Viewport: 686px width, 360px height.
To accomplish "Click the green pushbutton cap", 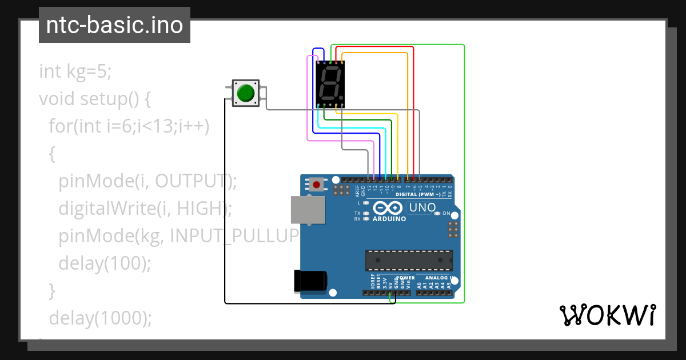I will [246, 93].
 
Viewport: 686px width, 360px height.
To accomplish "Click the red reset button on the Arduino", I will [316, 184].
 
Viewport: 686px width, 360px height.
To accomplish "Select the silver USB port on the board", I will [307, 210].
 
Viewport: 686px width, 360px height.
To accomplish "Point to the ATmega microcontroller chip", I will [409, 260].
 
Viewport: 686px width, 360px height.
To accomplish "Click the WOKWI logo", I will [607, 315].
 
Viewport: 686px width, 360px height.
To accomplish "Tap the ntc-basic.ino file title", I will [114, 25].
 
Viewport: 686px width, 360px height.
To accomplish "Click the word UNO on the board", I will [422, 207].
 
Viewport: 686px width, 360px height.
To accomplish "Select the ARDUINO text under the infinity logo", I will [389, 219].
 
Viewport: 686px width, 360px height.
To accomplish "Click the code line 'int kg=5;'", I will [75, 71].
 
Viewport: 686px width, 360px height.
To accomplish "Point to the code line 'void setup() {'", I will [95, 99].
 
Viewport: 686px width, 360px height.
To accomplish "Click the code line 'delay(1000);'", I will [101, 318].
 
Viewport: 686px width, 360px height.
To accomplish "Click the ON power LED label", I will [446, 213].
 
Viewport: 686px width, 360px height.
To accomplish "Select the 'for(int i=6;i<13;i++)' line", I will [129, 126].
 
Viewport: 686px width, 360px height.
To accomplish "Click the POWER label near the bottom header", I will [405, 278].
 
